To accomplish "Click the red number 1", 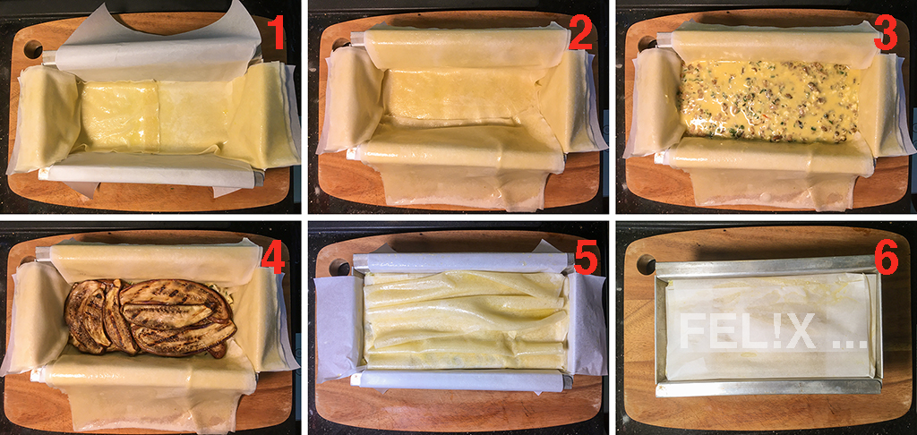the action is point(274,33).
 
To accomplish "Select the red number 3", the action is point(886,33).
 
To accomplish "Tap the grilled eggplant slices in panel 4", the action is point(150,316).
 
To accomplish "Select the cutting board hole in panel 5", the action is point(339,266).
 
